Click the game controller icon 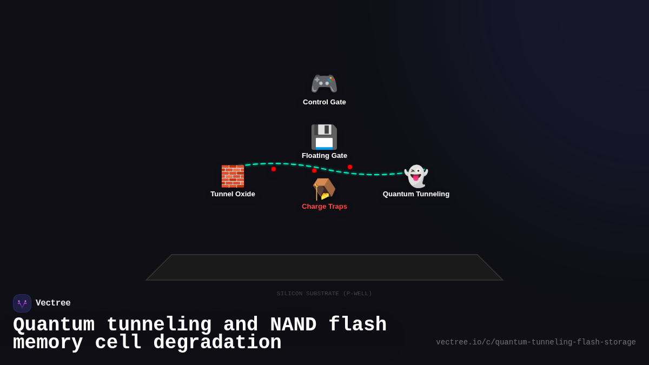click(324, 84)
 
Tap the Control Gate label click(325, 102)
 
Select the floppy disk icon click(324, 137)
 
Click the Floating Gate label click(325, 156)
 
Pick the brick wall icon click(233, 176)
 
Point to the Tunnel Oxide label click(233, 194)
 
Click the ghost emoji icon click(416, 176)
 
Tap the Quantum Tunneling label click(416, 194)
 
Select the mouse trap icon click(324, 189)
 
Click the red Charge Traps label click(325, 207)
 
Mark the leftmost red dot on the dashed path click(274, 169)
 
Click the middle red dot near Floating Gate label click(314, 170)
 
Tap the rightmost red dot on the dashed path click(350, 167)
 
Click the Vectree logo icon click(22, 303)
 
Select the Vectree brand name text click(53, 303)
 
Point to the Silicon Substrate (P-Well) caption click(325, 294)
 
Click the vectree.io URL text click(535, 342)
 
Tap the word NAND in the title click(293, 325)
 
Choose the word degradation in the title click(217, 343)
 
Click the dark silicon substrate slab click(325, 268)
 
